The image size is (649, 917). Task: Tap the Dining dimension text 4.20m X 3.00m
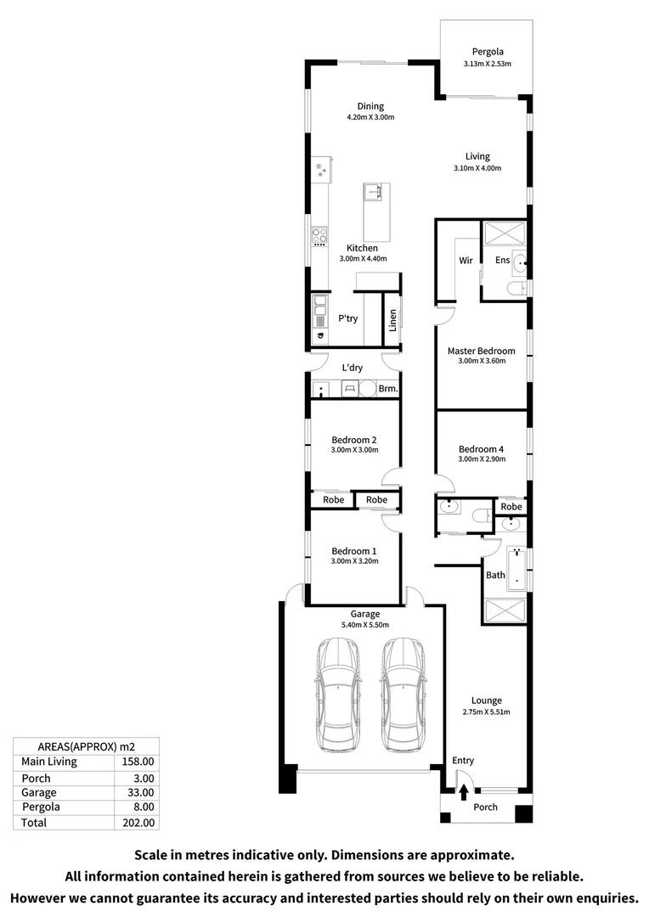tap(370, 117)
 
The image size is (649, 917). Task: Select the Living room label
tap(477, 156)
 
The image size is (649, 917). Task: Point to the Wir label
tap(466, 261)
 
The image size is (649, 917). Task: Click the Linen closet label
tap(392, 320)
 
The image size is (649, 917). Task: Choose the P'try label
tap(347, 319)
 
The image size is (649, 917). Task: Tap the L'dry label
tap(353, 368)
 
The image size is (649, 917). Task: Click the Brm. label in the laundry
tap(388, 389)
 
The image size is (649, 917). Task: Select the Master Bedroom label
tap(481, 351)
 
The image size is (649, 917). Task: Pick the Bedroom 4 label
tap(481, 449)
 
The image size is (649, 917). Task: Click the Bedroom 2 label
tap(353, 440)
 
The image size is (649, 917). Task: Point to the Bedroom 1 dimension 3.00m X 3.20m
tap(354, 561)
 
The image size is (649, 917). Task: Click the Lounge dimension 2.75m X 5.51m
tap(487, 712)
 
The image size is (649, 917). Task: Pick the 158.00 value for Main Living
tap(138, 762)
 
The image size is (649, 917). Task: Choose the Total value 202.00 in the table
tap(138, 823)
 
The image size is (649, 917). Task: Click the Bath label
tap(495, 575)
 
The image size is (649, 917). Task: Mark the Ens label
tap(503, 261)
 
